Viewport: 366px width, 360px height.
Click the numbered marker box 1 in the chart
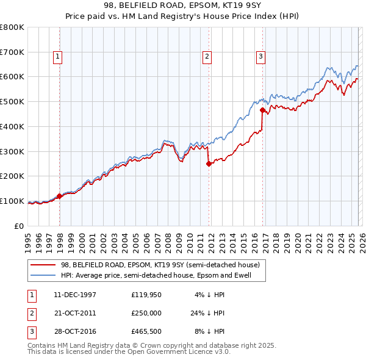[57, 57]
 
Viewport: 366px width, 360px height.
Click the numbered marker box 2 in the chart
[207, 57]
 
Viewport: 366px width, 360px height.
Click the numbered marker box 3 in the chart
[260, 57]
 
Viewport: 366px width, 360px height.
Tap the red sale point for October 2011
[209, 164]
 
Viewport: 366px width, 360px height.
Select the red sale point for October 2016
[262, 110]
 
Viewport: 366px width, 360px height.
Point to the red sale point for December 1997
[60, 196]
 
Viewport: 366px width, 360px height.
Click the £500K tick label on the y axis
[12, 102]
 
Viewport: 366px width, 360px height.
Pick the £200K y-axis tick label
[12, 176]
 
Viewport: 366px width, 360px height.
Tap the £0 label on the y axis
[18, 226]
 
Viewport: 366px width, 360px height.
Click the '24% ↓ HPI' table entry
[207, 314]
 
